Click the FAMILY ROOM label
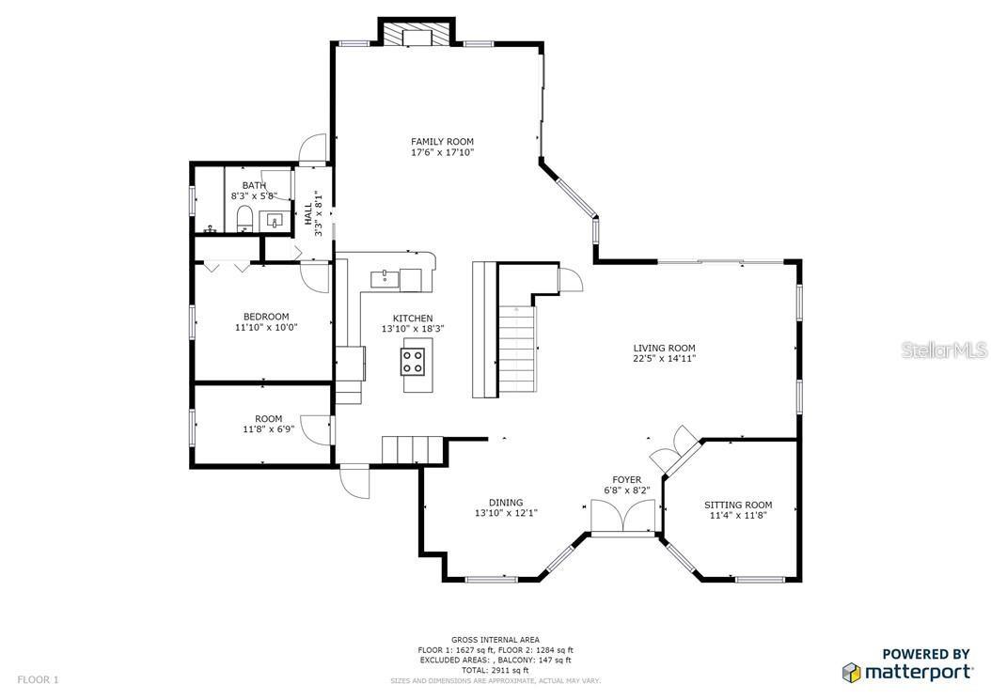[442, 142]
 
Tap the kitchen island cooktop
[412, 362]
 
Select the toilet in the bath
[244, 218]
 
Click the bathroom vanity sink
[275, 220]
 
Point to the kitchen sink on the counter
[385, 277]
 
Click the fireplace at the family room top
[417, 36]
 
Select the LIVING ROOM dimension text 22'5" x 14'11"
[664, 359]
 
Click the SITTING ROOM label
[738, 505]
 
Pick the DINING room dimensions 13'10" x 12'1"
[506, 513]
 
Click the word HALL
[307, 213]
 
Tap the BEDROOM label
[266, 317]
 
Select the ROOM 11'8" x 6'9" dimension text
[268, 429]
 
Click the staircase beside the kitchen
[517, 349]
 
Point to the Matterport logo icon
[851, 672]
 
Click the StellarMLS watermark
[944, 350]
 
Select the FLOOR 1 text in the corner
[38, 679]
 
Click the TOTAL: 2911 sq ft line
[495, 670]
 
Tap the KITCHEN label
[413, 319]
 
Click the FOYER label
[626, 480]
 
